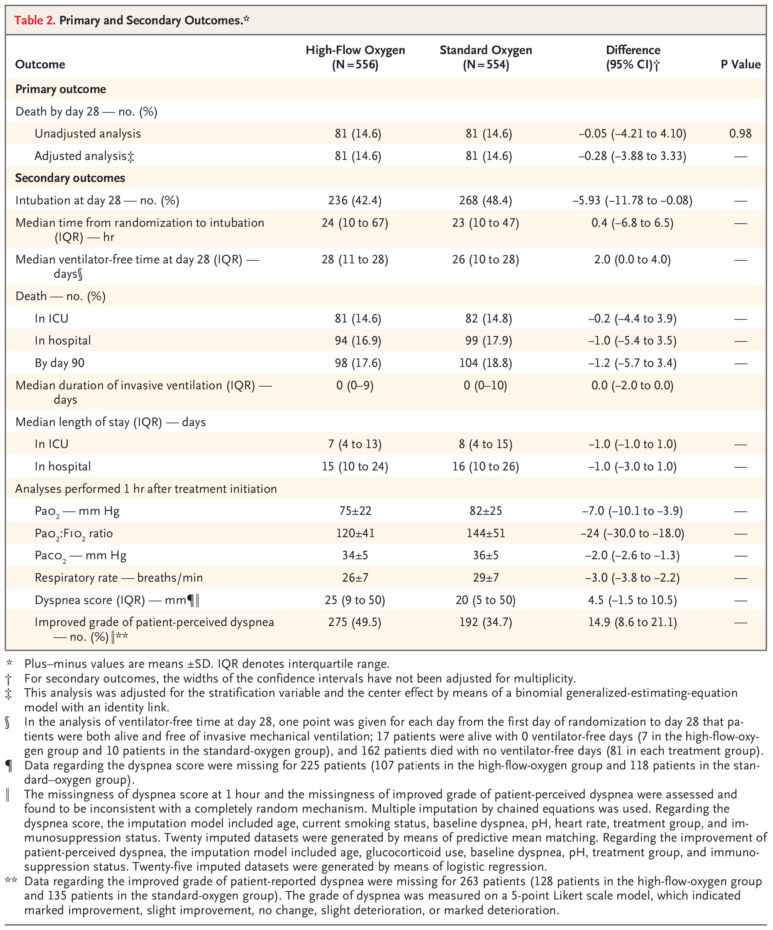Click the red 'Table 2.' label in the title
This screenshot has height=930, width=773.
click(x=34, y=20)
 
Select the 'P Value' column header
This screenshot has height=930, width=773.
click(x=740, y=64)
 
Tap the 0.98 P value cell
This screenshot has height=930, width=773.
click(x=740, y=133)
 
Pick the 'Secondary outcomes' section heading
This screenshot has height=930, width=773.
click(x=70, y=178)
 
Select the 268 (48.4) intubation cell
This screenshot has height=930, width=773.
click(x=486, y=200)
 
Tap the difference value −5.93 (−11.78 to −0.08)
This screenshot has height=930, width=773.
click(x=632, y=200)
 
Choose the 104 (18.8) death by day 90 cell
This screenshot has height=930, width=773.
click(x=486, y=363)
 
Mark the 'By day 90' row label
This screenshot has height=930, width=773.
click(x=59, y=363)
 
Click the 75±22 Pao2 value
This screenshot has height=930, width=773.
click(x=355, y=511)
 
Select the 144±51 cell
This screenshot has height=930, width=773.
click(x=486, y=533)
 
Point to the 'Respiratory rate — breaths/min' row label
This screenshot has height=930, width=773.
click(x=119, y=578)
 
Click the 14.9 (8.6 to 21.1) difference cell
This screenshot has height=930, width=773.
click(x=632, y=622)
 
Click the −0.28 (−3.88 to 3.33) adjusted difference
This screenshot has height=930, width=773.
click(x=632, y=156)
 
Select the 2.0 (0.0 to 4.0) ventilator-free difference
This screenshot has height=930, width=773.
click(x=632, y=260)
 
